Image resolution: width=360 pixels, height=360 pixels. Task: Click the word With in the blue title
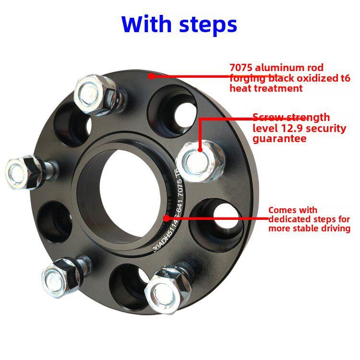[146, 24]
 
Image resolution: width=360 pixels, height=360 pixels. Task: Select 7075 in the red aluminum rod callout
[241, 68]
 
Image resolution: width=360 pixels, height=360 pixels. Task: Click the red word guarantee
[280, 139]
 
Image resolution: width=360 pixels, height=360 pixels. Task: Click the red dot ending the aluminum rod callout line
[151, 76]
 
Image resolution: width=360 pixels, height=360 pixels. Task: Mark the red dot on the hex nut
[200, 149]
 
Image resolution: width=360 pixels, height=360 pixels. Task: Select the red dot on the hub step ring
[167, 218]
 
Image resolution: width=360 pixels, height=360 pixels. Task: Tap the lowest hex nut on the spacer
[168, 290]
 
